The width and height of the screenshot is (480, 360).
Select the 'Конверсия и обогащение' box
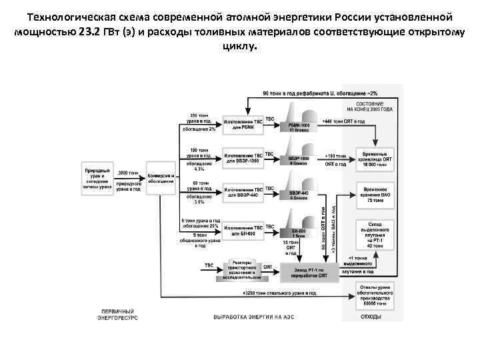click(161, 179)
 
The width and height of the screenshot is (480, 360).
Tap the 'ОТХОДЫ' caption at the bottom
click(371, 317)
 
